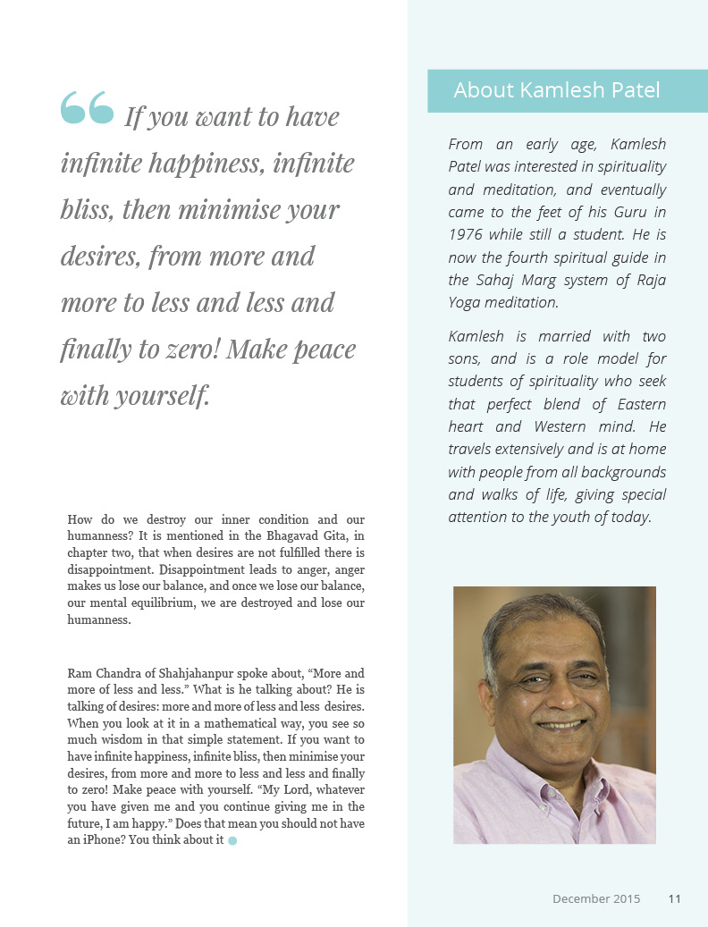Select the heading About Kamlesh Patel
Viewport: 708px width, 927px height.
click(x=556, y=90)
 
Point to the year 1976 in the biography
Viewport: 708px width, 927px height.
click(x=468, y=236)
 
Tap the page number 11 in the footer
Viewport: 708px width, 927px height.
click(x=674, y=898)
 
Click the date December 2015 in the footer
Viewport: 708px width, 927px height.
click(x=596, y=898)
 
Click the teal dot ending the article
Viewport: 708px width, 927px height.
click(x=232, y=840)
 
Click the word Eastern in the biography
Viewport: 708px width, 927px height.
click(x=640, y=404)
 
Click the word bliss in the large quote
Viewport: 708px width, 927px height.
click(x=86, y=209)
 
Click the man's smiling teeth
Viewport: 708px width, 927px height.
click(x=560, y=724)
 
